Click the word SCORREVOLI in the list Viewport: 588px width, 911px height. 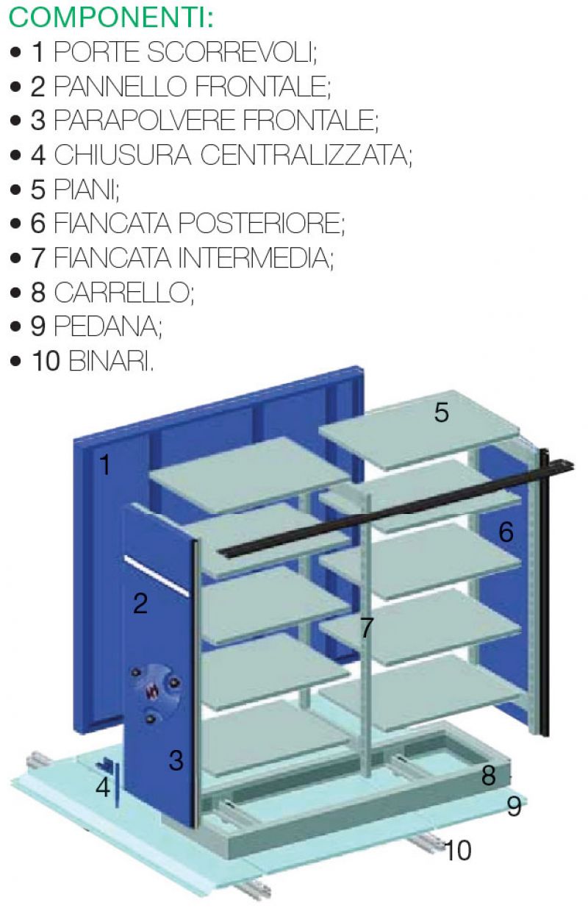pos(232,52)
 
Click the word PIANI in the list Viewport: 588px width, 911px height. pos(87,190)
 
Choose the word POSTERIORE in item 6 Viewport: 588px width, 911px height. pos(261,224)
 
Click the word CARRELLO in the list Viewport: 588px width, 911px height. pos(124,292)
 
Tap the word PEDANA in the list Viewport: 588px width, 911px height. pos(108,326)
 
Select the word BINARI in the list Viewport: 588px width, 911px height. pos(111,361)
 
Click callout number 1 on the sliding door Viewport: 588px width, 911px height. pos(105,465)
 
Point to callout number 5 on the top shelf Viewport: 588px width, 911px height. pos(441,412)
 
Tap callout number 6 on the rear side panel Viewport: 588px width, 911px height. pos(506,532)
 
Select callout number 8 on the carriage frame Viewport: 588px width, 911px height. pos(488,775)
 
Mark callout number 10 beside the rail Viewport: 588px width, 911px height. pos(459,850)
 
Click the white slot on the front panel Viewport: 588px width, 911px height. pos(157,576)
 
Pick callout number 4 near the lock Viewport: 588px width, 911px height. pos(103,787)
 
